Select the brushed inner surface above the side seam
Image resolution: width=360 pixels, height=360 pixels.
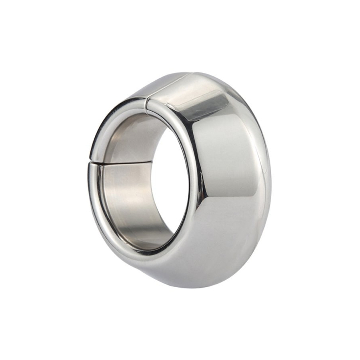pyautogui.click(x=128, y=140)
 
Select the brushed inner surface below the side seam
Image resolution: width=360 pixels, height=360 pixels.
pyautogui.click(x=128, y=192)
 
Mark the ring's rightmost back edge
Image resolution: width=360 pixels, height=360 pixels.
pyautogui.click(x=271, y=176)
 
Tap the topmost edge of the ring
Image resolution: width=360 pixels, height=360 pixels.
pyautogui.click(x=192, y=72)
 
